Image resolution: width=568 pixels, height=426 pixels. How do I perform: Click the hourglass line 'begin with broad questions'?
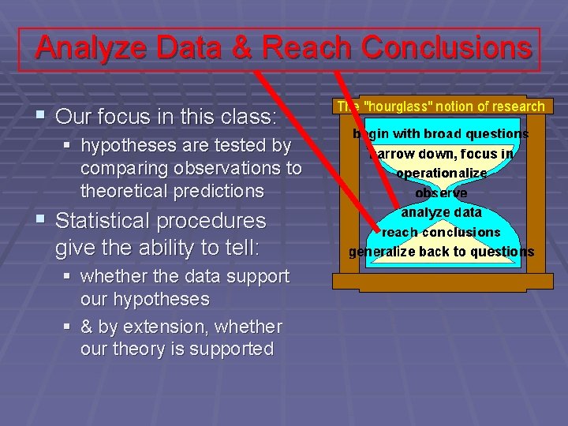pyautogui.click(x=441, y=134)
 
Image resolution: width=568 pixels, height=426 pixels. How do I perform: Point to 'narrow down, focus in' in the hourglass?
pyautogui.click(x=442, y=154)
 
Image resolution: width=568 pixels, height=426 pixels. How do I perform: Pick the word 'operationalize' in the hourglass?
pyautogui.click(x=441, y=174)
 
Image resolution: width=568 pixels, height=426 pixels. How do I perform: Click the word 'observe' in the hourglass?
pyautogui.click(x=441, y=193)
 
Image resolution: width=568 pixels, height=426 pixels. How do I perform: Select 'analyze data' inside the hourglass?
pyautogui.click(x=441, y=213)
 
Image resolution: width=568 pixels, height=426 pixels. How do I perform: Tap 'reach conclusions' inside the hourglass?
pyautogui.click(x=441, y=233)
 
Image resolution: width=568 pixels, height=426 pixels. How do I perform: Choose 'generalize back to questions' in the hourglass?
pyautogui.click(x=441, y=252)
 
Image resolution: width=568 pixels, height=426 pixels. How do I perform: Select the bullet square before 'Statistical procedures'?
pyautogui.click(x=39, y=221)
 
